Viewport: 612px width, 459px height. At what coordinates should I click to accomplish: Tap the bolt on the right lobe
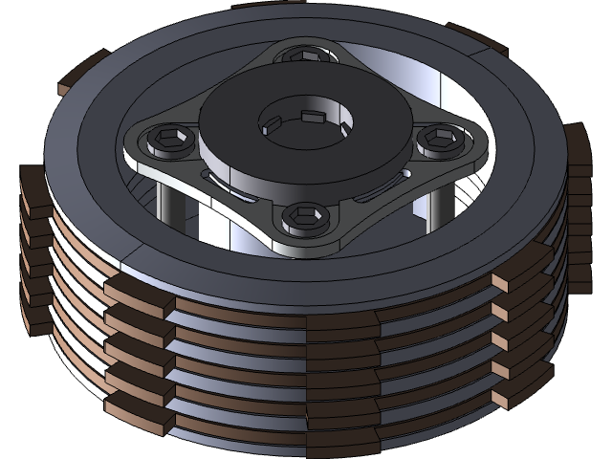pos(439,140)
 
